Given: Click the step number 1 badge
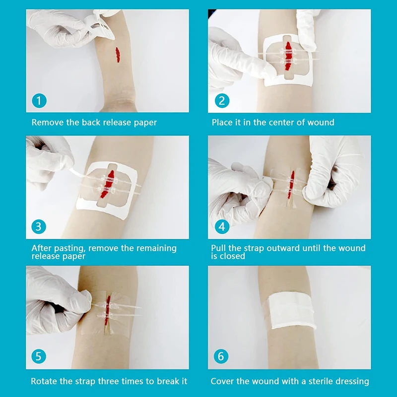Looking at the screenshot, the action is point(39,101).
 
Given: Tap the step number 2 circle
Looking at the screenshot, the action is point(222,101).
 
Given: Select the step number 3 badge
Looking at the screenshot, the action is point(39,227).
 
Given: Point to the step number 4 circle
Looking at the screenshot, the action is point(222,227).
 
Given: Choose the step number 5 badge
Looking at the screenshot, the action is point(39,356).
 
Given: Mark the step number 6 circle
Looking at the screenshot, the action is point(221,356).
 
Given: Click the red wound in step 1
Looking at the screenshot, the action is point(118,55).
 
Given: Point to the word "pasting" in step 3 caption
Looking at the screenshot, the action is point(68,249).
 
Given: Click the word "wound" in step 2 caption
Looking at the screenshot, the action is point(321,123).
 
